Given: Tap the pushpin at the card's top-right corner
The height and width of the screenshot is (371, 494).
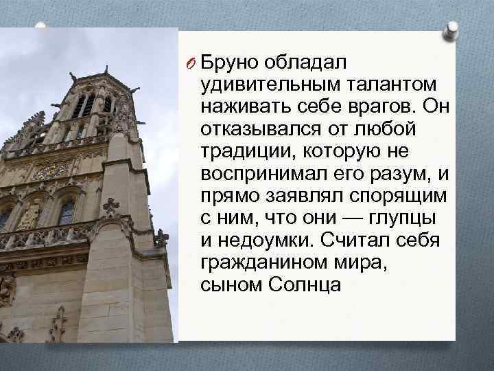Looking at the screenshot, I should (452, 30).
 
